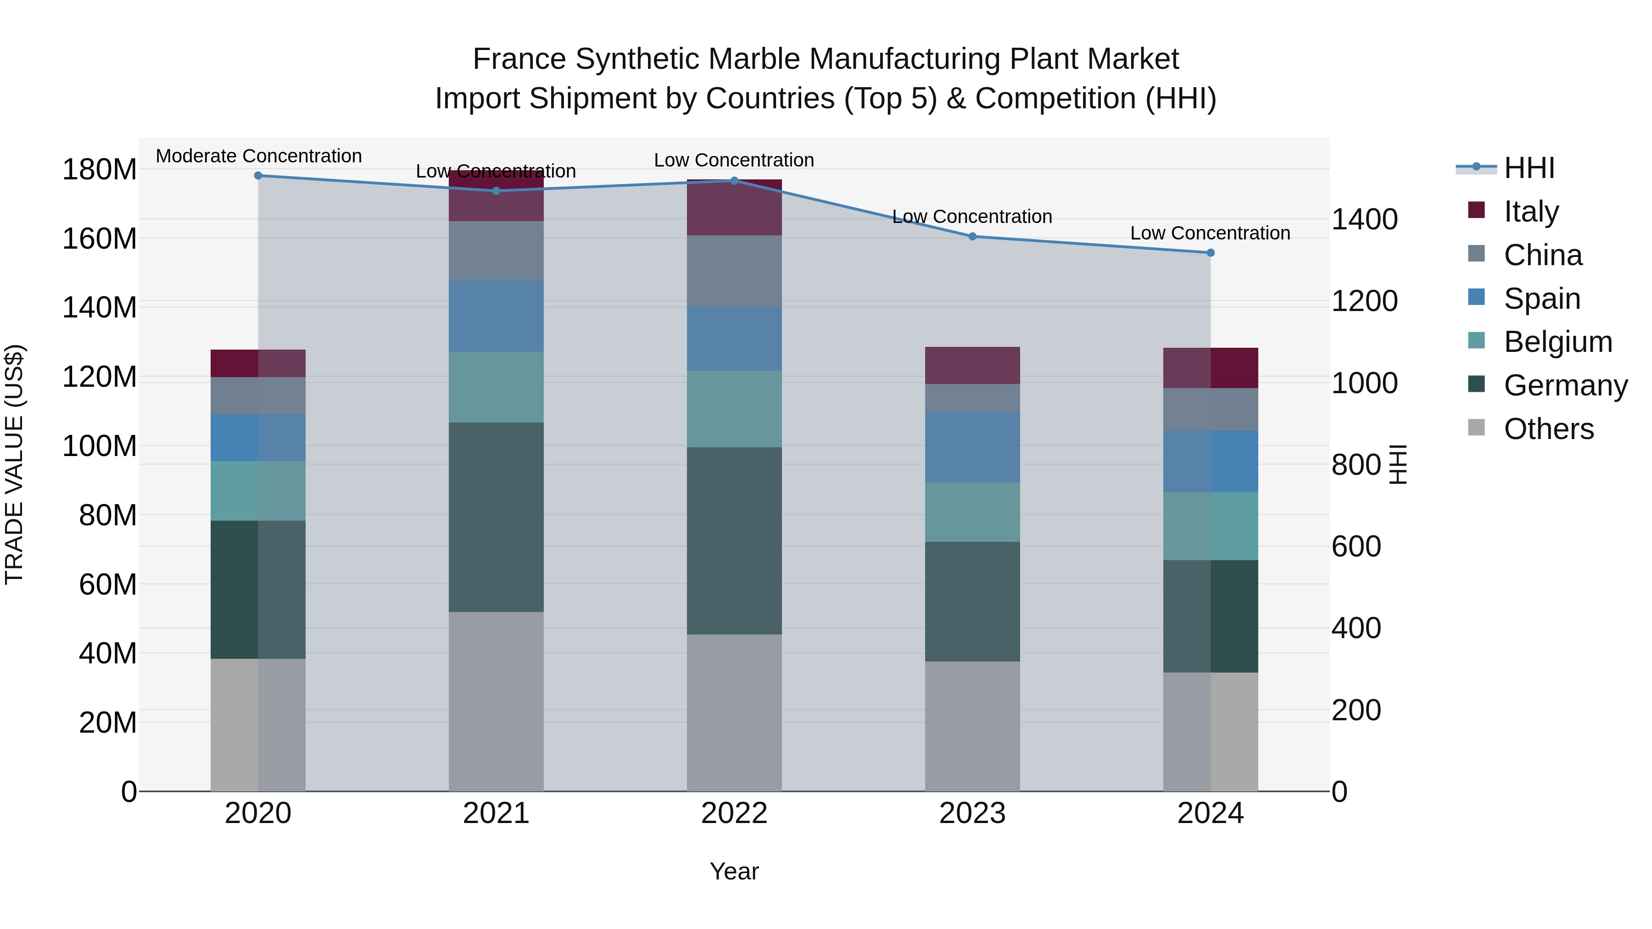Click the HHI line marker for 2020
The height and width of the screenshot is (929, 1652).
coord(258,175)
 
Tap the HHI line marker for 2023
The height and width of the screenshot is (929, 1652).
coord(972,237)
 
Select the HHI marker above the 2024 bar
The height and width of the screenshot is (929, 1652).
coord(1210,253)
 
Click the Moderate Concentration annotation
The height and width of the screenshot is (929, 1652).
coord(258,156)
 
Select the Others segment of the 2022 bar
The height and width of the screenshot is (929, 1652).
coord(734,712)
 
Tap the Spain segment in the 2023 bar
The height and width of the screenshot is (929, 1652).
coord(972,447)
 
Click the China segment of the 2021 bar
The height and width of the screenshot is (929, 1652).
coord(496,250)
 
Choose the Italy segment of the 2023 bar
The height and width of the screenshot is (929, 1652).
coord(972,366)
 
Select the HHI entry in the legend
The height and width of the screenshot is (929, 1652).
coord(1529,168)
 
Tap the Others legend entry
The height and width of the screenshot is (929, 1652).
coord(1548,428)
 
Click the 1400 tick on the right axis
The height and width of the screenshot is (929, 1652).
coord(1364,219)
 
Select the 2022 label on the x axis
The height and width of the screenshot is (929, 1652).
coord(734,813)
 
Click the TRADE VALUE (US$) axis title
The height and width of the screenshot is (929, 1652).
coord(14,464)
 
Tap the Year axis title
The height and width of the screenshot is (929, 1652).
coord(734,871)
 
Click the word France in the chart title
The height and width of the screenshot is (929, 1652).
coord(519,59)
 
